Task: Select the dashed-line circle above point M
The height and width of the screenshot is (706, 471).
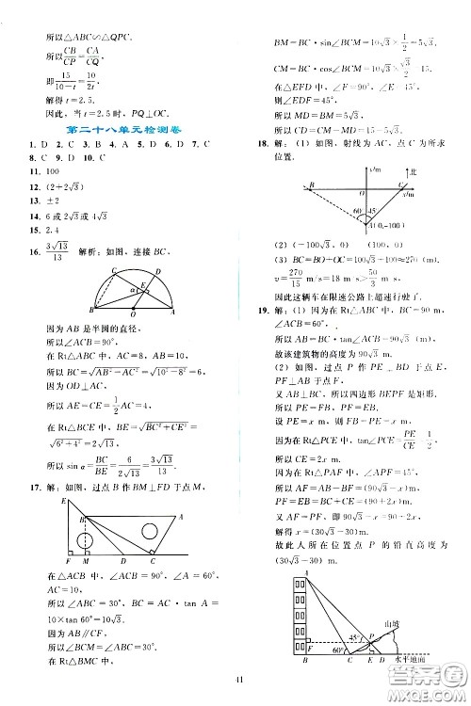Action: (x=86, y=540)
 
